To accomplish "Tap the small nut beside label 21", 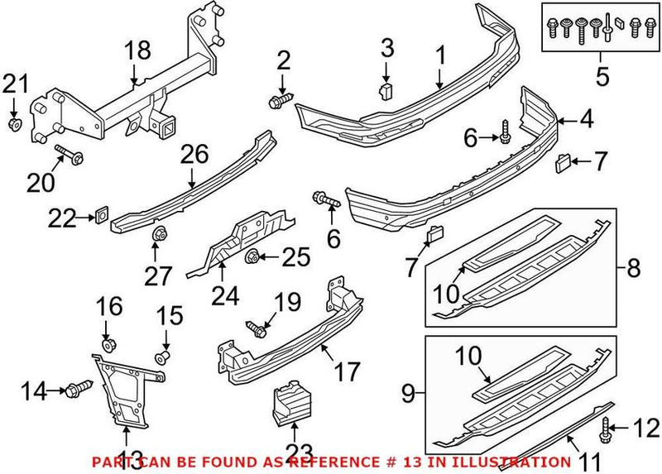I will [15, 124].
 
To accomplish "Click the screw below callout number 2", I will [279, 102].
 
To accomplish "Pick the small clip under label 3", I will [386, 89].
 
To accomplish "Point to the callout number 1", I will [440, 56].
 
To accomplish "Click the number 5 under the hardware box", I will [602, 78].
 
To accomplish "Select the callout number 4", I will [586, 120].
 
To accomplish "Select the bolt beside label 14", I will [81, 387].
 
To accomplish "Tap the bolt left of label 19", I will [253, 329].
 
